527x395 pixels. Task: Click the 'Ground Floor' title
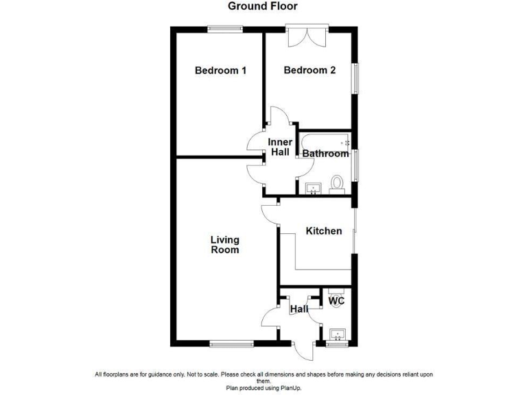(x=263, y=6)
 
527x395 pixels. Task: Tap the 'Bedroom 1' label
(x=220, y=71)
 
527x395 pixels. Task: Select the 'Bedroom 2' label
(x=309, y=71)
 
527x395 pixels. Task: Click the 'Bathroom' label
(x=326, y=154)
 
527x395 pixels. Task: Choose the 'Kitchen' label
(x=324, y=231)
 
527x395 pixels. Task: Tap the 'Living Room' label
(x=225, y=245)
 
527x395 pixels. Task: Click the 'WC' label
(x=336, y=301)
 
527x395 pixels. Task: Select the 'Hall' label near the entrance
(x=298, y=310)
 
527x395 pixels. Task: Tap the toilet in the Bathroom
(x=337, y=184)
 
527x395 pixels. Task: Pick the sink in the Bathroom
(x=314, y=188)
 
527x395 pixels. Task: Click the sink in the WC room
(x=337, y=335)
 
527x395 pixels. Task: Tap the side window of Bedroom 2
(x=355, y=79)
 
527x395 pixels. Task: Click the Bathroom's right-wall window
(x=355, y=165)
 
